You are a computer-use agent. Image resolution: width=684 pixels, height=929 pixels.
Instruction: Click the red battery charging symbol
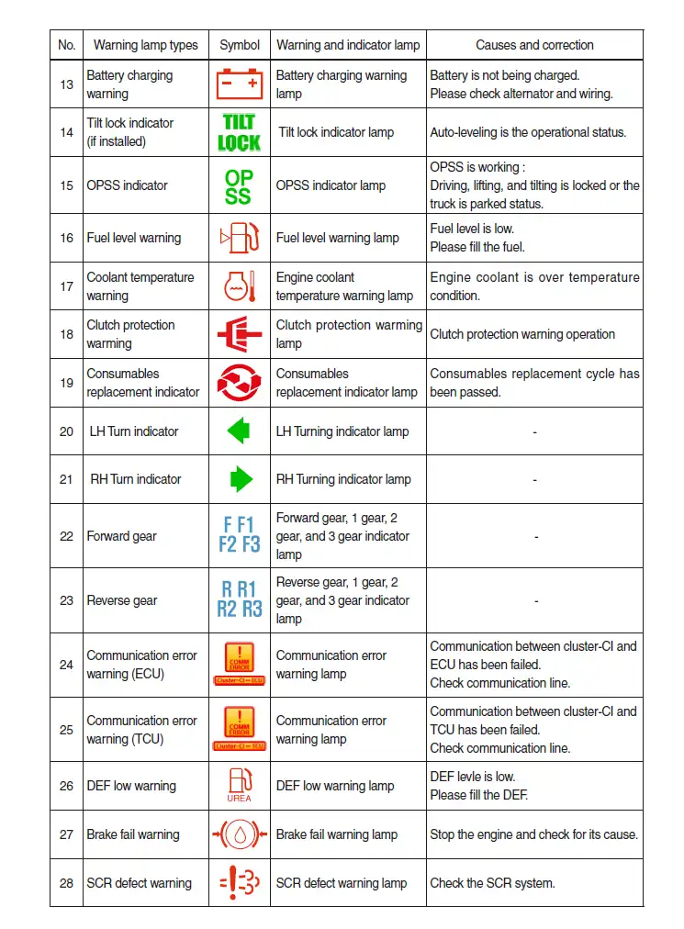click(x=239, y=84)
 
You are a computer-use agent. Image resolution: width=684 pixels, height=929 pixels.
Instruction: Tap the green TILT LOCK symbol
click(x=239, y=132)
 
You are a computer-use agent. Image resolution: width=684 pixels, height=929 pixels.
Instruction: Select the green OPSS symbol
click(x=239, y=185)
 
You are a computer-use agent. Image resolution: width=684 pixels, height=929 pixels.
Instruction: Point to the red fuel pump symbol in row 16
click(x=239, y=238)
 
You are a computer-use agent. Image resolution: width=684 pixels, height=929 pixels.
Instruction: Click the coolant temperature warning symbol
click(x=239, y=286)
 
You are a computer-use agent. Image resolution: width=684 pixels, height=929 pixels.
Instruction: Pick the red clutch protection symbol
click(x=239, y=334)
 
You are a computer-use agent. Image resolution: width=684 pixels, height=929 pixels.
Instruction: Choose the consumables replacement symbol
click(x=239, y=383)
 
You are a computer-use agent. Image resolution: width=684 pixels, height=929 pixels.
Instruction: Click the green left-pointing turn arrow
click(x=239, y=431)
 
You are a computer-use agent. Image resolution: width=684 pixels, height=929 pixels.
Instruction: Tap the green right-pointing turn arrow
click(x=241, y=479)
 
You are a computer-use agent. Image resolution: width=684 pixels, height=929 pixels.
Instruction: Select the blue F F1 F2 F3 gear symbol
click(x=239, y=535)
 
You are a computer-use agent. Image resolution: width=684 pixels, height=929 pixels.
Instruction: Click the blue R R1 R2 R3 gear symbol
click(x=239, y=599)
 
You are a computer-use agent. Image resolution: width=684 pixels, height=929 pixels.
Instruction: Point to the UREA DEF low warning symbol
click(x=239, y=785)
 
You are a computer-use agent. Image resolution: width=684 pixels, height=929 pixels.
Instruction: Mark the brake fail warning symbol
click(x=239, y=834)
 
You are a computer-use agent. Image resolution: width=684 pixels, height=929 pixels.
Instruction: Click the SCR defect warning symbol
click(x=239, y=883)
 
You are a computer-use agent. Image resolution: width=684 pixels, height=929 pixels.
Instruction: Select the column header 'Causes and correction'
click(x=534, y=45)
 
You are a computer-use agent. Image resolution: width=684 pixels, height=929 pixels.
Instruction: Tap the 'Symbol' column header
click(x=240, y=45)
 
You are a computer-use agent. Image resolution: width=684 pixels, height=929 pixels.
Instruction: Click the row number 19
click(x=66, y=383)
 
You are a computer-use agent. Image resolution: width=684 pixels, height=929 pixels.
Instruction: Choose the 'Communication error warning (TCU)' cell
click(x=142, y=730)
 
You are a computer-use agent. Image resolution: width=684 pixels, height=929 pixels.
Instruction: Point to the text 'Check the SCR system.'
click(x=492, y=883)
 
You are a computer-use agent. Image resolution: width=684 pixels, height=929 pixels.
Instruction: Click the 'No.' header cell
click(x=66, y=45)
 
